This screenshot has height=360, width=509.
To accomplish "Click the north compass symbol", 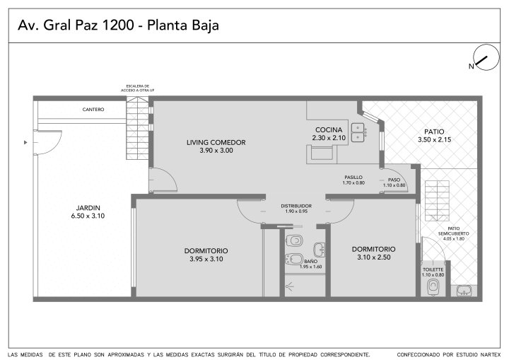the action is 486,57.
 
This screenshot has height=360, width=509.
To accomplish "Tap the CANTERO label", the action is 93,110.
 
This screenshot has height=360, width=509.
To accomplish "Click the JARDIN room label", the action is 88,208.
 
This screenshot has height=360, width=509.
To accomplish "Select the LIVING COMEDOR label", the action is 216,142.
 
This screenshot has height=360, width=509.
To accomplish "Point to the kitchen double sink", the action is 358,132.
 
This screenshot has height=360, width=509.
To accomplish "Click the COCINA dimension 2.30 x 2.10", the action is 329,138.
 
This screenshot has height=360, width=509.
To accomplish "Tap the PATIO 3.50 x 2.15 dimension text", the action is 434,140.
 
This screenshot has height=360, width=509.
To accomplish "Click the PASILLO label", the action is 353,178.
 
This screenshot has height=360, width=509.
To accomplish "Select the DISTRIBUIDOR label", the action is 296,206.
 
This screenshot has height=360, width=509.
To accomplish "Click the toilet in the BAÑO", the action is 294,240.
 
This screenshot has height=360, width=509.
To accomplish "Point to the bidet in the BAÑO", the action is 293,259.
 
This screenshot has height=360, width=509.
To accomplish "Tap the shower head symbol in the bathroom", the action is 289,286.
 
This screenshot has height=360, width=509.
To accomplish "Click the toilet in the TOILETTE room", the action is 433,287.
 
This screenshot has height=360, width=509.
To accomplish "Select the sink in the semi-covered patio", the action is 464,291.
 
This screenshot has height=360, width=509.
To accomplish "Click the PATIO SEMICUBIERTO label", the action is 453,231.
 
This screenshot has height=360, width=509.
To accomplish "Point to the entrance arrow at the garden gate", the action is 25,142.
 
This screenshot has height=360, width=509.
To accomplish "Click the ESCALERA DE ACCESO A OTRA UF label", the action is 138,88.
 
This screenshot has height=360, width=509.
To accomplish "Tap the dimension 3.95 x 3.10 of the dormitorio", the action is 206,259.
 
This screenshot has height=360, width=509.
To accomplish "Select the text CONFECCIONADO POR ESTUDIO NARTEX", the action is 449,354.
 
